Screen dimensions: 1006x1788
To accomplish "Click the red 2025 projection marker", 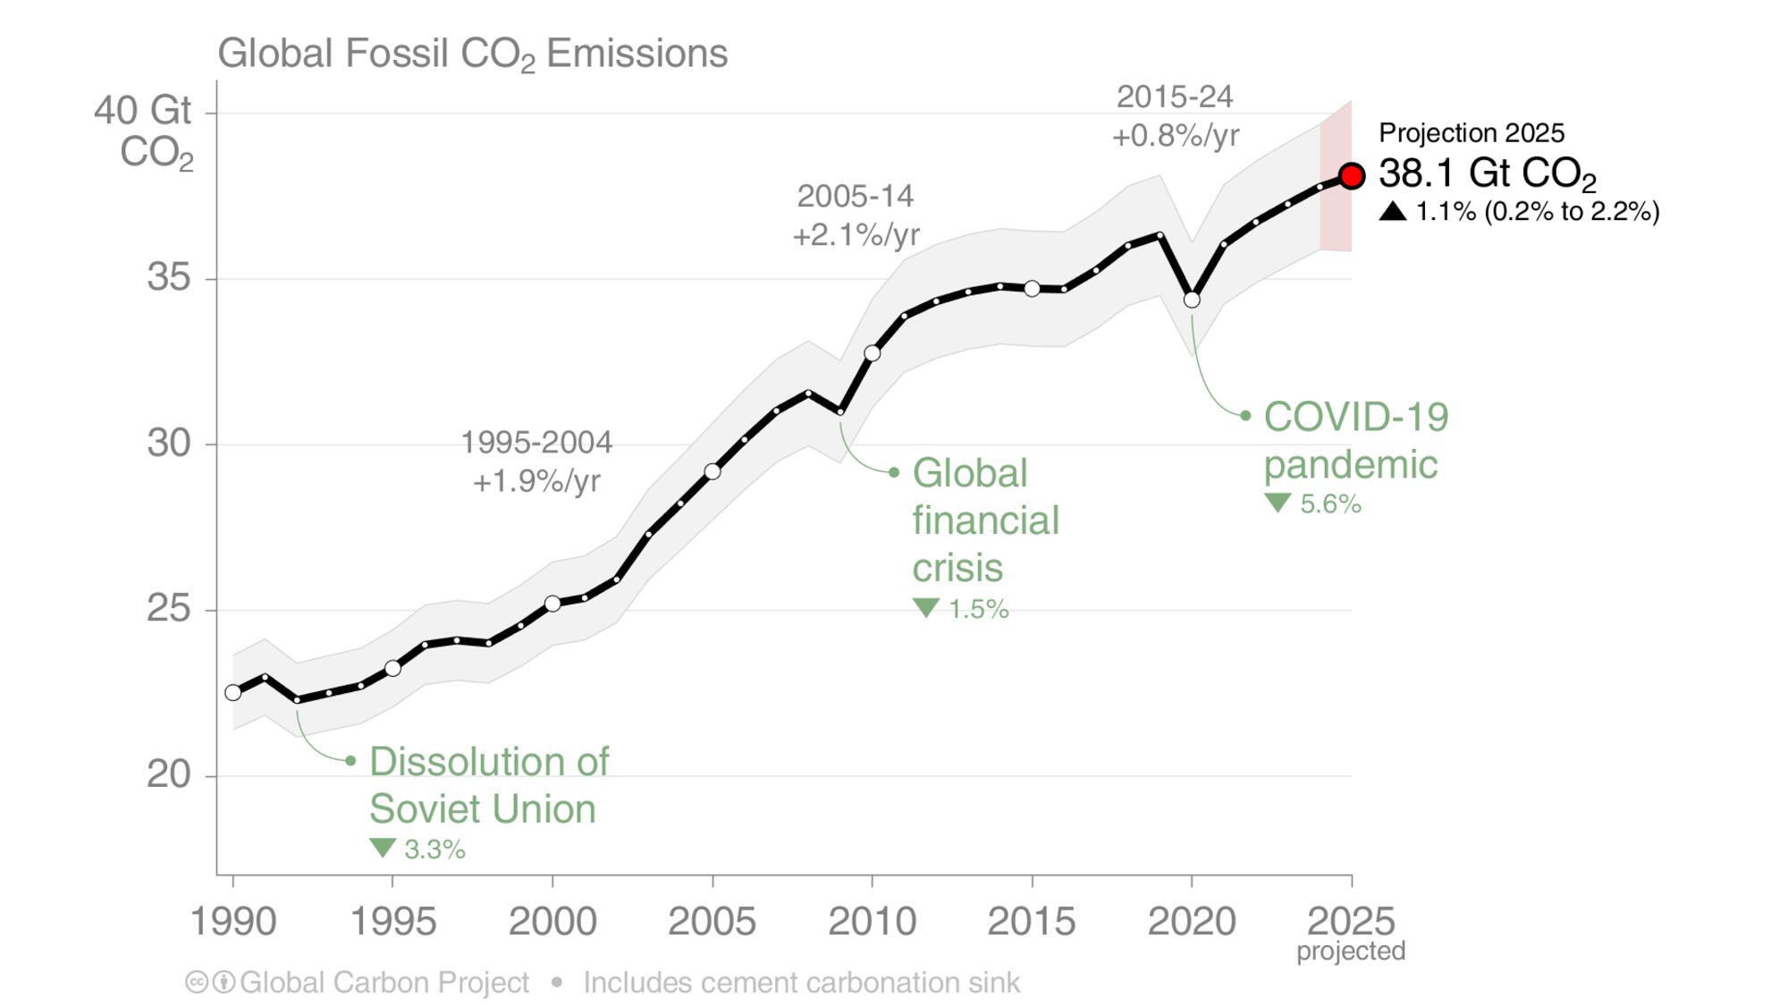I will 1351,176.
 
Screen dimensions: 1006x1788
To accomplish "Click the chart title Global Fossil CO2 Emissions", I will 472,54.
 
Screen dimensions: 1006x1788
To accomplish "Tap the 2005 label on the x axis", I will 712,921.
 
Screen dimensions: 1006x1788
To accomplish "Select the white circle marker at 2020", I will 1191,300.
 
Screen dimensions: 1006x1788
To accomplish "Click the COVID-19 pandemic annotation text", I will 1354,441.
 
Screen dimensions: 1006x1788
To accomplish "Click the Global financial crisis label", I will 984,520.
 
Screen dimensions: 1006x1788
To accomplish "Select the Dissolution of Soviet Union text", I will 488,785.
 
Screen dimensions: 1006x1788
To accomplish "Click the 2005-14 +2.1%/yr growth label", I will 856,216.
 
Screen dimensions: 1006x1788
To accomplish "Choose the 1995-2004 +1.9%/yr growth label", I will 536,461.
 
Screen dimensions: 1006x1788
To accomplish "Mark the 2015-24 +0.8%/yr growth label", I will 1175,116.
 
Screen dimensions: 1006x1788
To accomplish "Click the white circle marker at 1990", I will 233,692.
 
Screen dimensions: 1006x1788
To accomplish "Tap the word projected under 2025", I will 1350,951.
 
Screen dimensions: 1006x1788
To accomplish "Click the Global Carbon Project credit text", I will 384,983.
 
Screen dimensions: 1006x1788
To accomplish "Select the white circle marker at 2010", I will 872,353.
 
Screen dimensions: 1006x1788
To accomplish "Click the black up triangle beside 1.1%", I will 1392,212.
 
